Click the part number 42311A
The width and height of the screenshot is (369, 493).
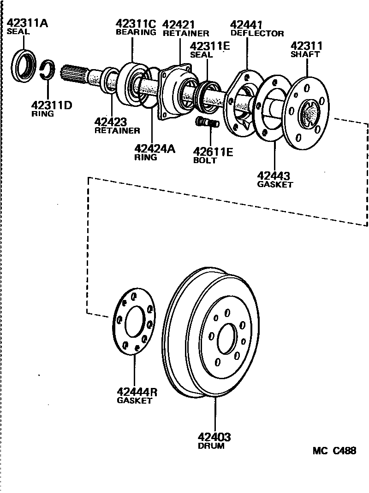pyautogui.click(x=27, y=23)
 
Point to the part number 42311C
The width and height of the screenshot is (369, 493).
pyautogui.click(x=136, y=23)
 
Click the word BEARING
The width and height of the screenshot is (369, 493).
pyautogui.click(x=136, y=32)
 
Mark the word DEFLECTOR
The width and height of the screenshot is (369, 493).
pyautogui.click(x=257, y=33)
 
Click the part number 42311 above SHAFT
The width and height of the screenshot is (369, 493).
pyautogui.click(x=306, y=46)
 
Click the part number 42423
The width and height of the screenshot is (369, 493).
pyautogui.click(x=110, y=122)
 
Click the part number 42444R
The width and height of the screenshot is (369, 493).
pyautogui.click(x=137, y=392)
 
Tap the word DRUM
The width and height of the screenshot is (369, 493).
pyautogui.click(x=211, y=446)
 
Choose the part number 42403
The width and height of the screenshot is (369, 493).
pyautogui.click(x=214, y=437)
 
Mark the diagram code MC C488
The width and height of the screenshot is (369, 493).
pyautogui.click(x=334, y=451)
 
